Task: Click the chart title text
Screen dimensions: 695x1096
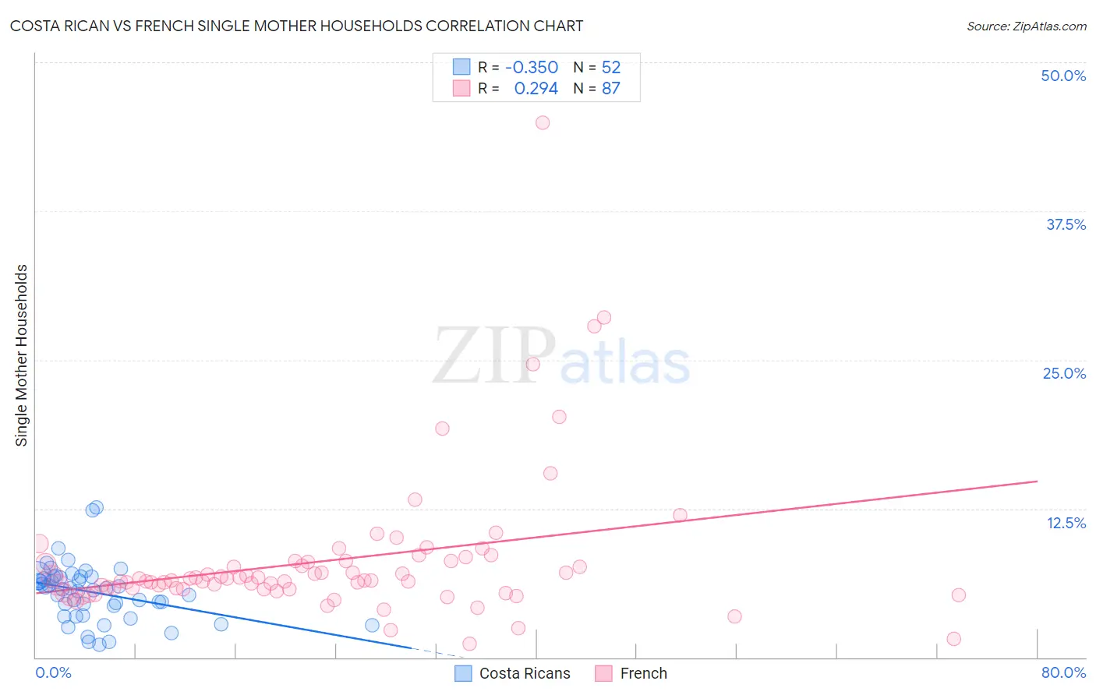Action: point(296,26)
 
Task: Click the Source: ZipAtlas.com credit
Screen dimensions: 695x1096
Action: point(1026,26)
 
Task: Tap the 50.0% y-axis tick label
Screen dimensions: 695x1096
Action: point(1063,76)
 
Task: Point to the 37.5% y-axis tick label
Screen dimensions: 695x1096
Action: point(1066,224)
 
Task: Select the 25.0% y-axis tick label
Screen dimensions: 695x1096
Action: point(1064,373)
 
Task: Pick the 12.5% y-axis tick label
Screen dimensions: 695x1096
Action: point(1066,523)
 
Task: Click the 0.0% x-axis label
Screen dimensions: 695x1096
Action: point(53,672)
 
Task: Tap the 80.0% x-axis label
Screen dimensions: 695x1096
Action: point(1063,672)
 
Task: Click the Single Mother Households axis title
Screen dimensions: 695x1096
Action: point(22,355)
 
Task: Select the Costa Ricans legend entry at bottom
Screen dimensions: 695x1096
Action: point(524,673)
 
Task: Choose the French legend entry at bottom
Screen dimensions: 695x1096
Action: point(643,673)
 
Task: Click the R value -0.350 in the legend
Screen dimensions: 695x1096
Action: point(532,67)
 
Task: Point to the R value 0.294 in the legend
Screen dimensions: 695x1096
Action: point(536,88)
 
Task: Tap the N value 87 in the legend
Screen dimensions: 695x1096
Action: point(611,88)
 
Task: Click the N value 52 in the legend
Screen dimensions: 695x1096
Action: point(611,67)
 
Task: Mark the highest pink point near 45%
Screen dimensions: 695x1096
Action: point(543,122)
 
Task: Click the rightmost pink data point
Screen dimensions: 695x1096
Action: point(959,595)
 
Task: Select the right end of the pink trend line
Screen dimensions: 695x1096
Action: point(1037,482)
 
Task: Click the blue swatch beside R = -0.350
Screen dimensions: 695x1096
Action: point(461,67)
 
